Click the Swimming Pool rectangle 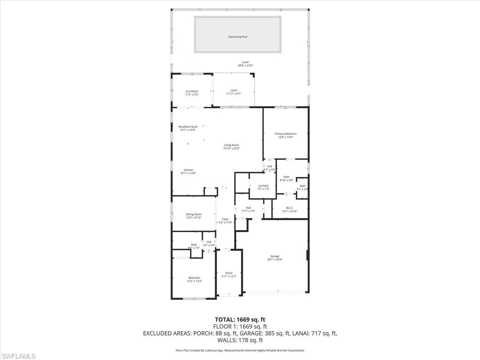(x=238, y=35)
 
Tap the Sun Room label (x=192, y=91)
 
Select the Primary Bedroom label (x=285, y=134)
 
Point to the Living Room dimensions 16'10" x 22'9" (x=231, y=149)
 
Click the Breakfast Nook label (x=188, y=127)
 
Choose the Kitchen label (x=188, y=170)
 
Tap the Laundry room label (x=263, y=186)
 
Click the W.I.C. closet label (x=289, y=208)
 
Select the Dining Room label (x=194, y=214)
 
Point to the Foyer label (x=225, y=219)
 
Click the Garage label (x=275, y=256)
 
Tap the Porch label (x=229, y=273)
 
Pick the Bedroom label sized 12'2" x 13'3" (x=194, y=278)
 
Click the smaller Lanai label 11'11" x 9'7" (x=233, y=90)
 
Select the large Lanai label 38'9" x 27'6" (x=245, y=62)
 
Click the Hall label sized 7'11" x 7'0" (x=248, y=208)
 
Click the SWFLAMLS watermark (x=18, y=356)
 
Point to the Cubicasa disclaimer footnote (x=240, y=350)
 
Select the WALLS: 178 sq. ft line (x=240, y=340)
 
